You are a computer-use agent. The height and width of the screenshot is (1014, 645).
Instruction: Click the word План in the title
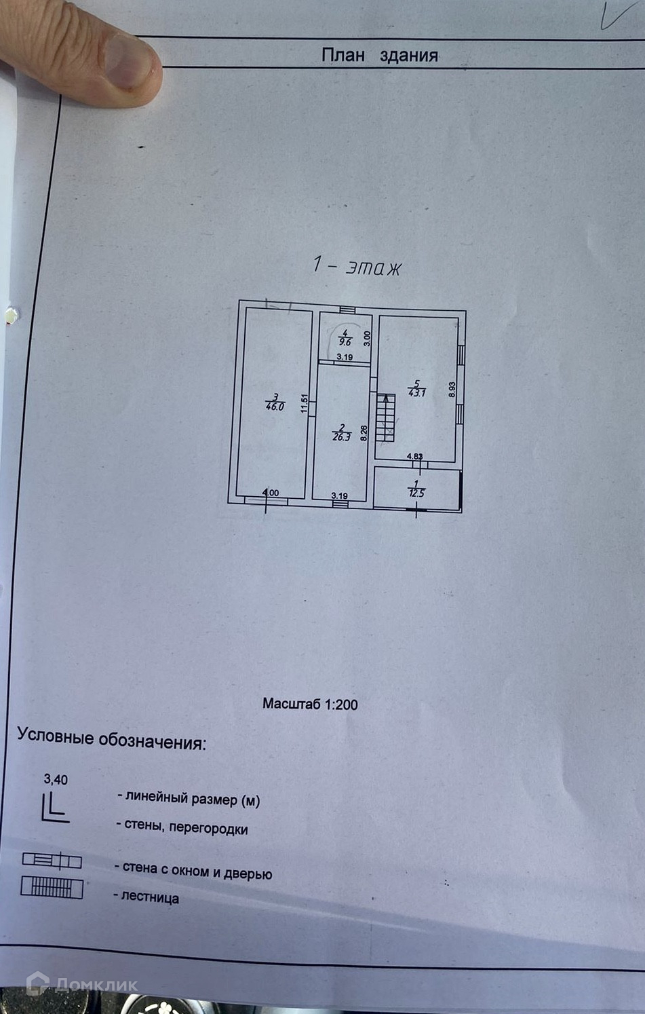343,54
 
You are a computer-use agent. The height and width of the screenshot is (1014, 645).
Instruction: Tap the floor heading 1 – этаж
357,266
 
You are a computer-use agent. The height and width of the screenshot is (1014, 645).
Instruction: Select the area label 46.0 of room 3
275,407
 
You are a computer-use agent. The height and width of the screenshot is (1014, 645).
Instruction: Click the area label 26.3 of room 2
341,437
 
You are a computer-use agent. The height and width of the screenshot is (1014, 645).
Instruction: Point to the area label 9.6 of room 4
345,342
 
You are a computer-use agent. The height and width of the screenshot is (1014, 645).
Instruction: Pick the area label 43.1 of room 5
416,392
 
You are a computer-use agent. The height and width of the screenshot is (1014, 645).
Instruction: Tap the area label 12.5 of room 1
416,493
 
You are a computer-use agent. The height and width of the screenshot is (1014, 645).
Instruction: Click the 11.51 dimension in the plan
305,405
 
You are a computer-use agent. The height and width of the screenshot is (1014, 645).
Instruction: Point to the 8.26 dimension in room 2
364,433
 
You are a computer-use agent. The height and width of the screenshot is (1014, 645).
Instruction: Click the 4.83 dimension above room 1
414,457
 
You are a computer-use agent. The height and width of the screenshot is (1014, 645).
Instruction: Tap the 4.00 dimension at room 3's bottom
271,493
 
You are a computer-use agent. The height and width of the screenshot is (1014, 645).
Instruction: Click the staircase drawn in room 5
385,417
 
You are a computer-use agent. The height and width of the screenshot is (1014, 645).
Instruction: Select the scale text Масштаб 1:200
310,704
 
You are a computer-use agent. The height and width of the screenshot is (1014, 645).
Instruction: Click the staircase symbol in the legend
52,888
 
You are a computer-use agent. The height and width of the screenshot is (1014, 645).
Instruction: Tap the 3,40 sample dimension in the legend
56,779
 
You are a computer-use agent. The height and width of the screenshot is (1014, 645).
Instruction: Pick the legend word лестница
150,898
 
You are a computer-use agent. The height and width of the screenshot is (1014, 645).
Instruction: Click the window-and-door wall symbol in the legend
52,861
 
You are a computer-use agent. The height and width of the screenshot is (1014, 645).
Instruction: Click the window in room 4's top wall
347,310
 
